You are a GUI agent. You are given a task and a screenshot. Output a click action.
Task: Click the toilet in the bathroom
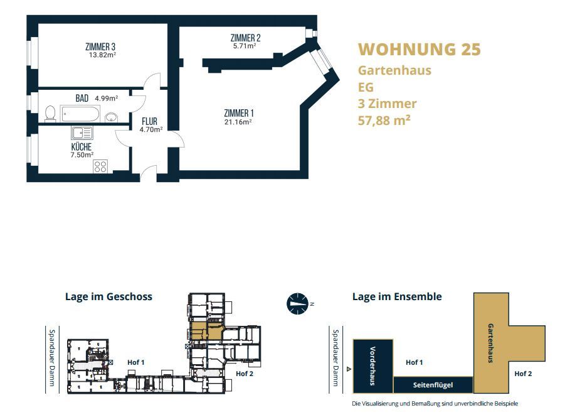[50, 113]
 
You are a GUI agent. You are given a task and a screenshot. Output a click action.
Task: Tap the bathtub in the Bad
[80, 114]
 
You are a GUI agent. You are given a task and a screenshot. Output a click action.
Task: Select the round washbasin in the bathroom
[112, 117]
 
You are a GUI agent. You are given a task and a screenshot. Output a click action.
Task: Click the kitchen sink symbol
[82, 133]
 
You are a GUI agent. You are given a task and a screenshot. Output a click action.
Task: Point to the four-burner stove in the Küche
[100, 166]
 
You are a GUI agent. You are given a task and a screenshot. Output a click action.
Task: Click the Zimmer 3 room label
[100, 46]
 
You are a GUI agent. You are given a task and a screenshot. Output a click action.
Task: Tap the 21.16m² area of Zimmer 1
[238, 122]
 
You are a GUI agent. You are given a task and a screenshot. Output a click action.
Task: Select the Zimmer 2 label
[245, 38]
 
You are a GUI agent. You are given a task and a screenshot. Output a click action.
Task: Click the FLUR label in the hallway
[149, 121]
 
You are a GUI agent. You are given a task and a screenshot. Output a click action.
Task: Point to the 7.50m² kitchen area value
[82, 155]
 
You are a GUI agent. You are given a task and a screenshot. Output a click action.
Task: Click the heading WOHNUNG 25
[420, 49]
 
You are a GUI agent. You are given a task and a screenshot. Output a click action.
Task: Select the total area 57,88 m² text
[384, 120]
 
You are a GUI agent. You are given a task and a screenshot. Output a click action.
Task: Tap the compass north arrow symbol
[298, 303]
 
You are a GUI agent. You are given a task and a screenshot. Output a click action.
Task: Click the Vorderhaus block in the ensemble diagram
[373, 366]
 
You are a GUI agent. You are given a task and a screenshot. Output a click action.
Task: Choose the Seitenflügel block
[433, 385]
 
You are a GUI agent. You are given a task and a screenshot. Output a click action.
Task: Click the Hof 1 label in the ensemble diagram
[414, 362]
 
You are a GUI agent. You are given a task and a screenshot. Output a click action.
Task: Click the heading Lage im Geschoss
[109, 296]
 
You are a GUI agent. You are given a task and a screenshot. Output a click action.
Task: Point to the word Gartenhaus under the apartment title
[394, 70]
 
